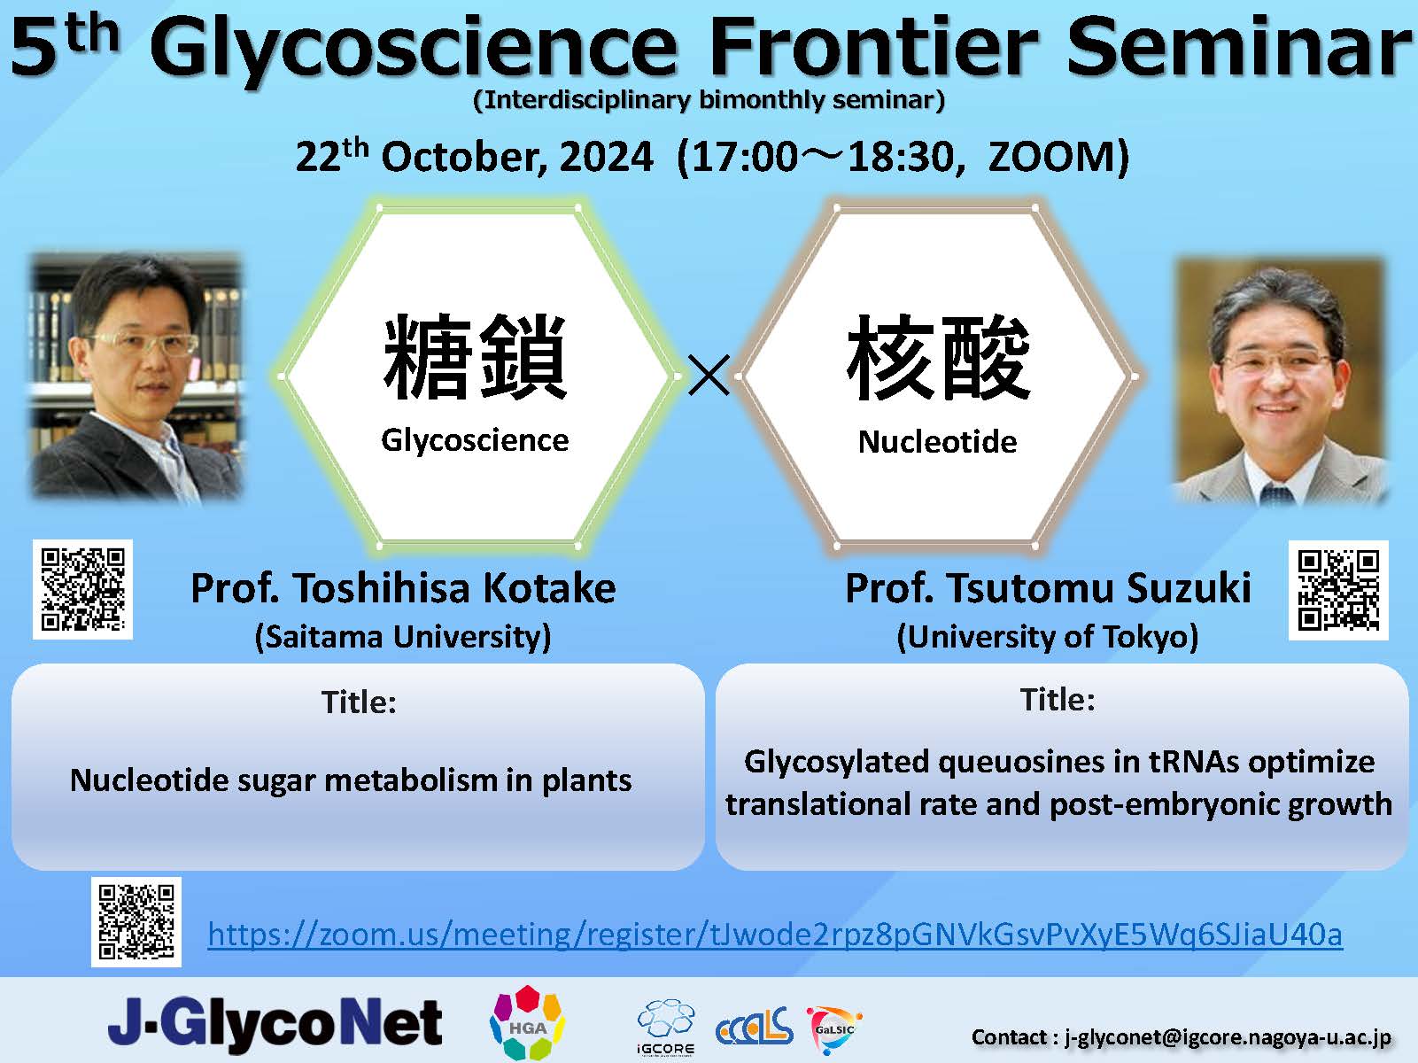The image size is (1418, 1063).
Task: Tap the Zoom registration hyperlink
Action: click(x=775, y=935)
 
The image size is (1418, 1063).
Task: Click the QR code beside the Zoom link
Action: click(x=136, y=921)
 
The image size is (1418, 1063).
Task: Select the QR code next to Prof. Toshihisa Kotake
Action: click(x=82, y=590)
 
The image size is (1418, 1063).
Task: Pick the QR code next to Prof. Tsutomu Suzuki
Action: click(x=1338, y=590)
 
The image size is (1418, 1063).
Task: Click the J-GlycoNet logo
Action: click(x=275, y=1022)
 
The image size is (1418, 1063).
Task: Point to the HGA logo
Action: click(x=527, y=1022)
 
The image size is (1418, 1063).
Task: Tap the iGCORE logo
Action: click(x=666, y=1028)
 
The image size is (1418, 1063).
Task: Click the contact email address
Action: click(x=1228, y=1037)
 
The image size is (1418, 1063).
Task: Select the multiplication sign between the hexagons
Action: click(x=709, y=376)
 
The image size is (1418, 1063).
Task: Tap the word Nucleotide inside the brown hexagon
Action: click(x=937, y=442)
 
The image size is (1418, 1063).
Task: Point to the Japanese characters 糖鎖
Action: click(x=475, y=357)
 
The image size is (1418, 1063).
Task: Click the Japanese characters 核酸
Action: click(x=938, y=357)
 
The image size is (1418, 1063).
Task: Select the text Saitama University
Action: click(x=403, y=637)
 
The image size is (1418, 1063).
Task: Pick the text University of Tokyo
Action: click(x=1047, y=637)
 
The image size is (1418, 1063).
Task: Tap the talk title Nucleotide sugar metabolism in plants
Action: click(x=351, y=780)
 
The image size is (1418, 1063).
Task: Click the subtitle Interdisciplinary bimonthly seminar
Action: click(x=709, y=101)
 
